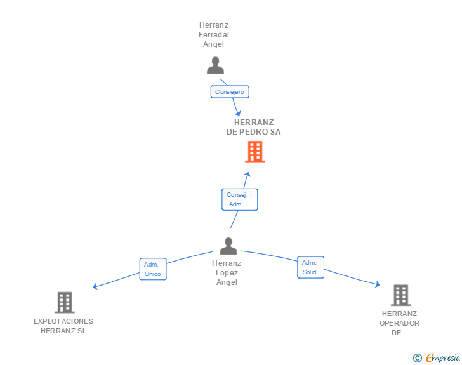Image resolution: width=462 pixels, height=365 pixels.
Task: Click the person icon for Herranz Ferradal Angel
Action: [x=216, y=65]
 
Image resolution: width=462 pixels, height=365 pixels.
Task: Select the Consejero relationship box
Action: [x=230, y=92]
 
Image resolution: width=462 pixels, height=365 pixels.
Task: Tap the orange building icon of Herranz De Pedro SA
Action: [x=254, y=152]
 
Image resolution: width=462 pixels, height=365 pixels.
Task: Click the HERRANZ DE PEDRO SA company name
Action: [x=254, y=127]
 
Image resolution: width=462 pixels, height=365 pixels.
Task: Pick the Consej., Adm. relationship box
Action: [x=239, y=199]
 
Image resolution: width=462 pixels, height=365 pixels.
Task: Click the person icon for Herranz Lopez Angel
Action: [x=228, y=246]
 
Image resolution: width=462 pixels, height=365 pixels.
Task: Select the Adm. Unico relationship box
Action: [x=152, y=269]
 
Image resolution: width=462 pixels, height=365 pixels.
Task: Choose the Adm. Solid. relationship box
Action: [x=310, y=267]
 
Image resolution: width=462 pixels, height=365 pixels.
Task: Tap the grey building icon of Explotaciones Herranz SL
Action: [x=65, y=303]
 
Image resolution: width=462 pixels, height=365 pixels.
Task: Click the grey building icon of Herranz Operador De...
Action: [x=400, y=295]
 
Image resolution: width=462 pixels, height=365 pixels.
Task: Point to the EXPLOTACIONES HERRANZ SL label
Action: [x=63, y=326]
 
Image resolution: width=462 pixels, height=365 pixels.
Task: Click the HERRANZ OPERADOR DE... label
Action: [x=400, y=323]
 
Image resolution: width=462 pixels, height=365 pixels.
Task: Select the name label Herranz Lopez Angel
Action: [x=227, y=273]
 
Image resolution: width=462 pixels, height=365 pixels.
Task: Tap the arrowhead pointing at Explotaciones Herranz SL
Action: [x=95, y=286]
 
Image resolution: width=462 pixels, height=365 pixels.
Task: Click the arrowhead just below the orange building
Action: [x=248, y=175]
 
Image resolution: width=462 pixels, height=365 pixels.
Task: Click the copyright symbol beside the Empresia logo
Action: [x=417, y=359]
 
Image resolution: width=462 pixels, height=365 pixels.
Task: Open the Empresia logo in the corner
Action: [x=443, y=358]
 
